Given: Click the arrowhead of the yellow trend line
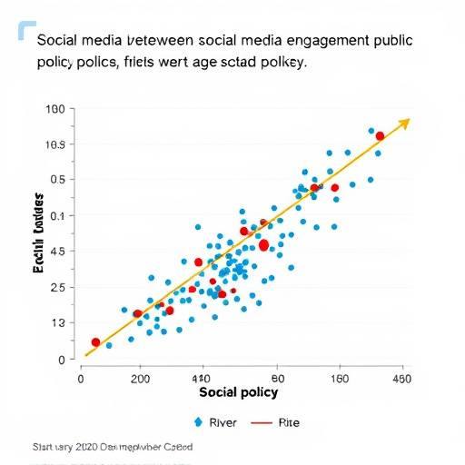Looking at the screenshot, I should (x=406, y=121).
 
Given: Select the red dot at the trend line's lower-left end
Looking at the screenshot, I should (x=95, y=342).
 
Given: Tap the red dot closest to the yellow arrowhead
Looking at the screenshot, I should (x=380, y=135).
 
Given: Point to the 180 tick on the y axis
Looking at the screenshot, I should (x=54, y=109).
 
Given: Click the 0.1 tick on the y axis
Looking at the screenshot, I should (x=56, y=216).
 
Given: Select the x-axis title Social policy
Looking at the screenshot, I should (x=238, y=392).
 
